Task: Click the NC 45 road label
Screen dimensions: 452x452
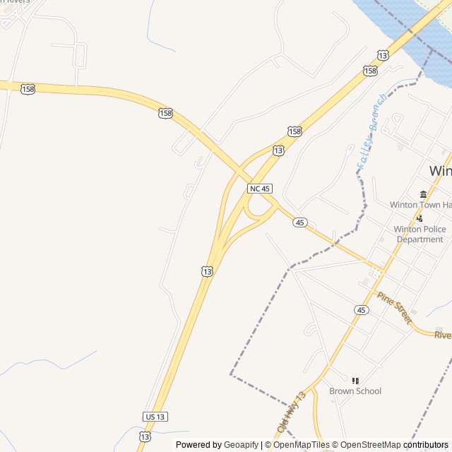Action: pyautogui.click(x=259, y=189)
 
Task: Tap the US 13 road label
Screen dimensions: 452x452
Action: pyautogui.click(x=156, y=416)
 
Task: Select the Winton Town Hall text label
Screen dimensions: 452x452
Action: pyautogui.click(x=421, y=205)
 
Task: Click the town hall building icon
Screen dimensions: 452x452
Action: pyautogui.click(x=423, y=194)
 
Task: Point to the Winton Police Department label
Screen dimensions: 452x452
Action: pyautogui.click(x=420, y=234)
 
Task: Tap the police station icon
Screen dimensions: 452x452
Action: pyautogui.click(x=420, y=218)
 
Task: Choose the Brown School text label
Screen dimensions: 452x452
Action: pyautogui.click(x=355, y=391)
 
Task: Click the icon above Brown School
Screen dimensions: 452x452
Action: pyautogui.click(x=355, y=381)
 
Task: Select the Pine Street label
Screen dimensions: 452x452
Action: pyautogui.click(x=394, y=308)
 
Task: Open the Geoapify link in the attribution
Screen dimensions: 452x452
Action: pyautogui.click(x=241, y=445)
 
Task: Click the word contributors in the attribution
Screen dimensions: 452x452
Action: pyautogui.click(x=427, y=445)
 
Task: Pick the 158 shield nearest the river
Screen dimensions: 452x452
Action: pyautogui.click(x=370, y=70)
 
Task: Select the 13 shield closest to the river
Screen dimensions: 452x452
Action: pyautogui.click(x=383, y=54)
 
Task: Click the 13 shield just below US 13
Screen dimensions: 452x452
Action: pyautogui.click(x=144, y=437)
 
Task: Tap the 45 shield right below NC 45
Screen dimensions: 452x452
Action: pyautogui.click(x=301, y=222)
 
